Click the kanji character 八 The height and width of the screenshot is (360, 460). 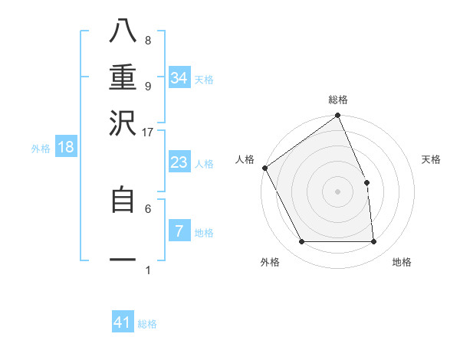(x=123, y=33)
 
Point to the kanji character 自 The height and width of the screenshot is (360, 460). (x=123, y=200)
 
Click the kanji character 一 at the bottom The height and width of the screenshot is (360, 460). (x=123, y=260)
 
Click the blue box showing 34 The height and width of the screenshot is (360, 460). (x=179, y=78)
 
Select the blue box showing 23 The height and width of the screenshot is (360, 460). (x=179, y=162)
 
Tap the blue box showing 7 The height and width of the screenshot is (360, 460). (x=179, y=231)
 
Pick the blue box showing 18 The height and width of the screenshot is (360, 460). (x=66, y=147)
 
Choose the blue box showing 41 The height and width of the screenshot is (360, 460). (x=123, y=322)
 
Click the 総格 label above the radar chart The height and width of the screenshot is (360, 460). (x=338, y=100)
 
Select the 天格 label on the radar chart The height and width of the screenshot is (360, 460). (x=432, y=159)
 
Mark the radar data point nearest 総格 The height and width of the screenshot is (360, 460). (x=337, y=116)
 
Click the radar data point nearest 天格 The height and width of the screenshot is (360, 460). (x=366, y=182)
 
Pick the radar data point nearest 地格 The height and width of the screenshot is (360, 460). (x=373, y=242)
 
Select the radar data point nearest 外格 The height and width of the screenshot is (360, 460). (x=301, y=242)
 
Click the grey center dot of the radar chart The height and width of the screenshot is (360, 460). (x=337, y=191)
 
